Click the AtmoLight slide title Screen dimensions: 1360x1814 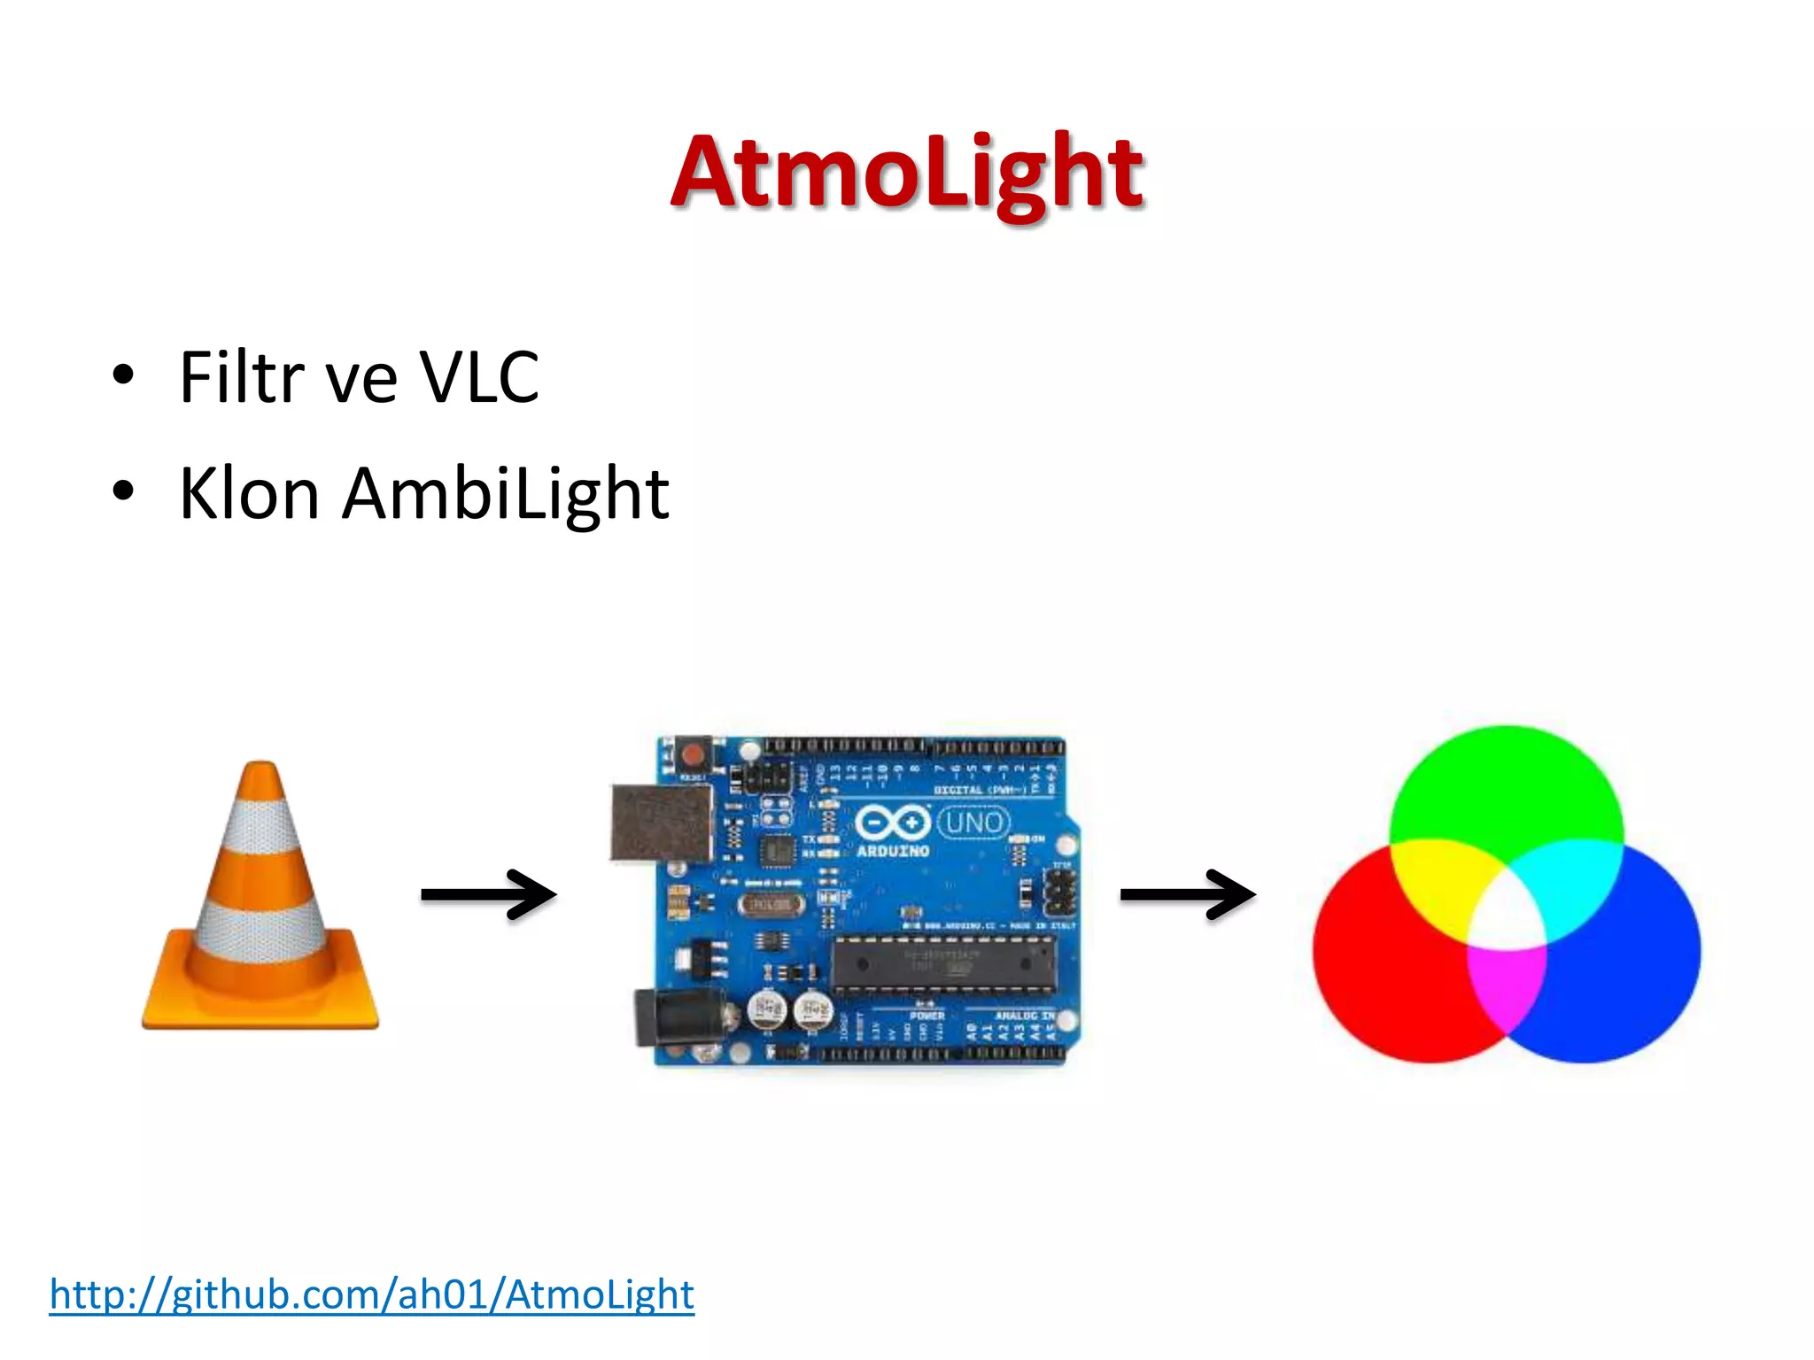pyautogui.click(x=907, y=173)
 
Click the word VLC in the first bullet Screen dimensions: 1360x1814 pyautogui.click(x=478, y=378)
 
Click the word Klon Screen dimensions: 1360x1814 pyautogui.click(x=249, y=494)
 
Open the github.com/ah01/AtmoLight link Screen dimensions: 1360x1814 pyautogui.click(x=372, y=1294)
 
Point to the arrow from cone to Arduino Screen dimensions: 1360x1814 pyautogui.click(x=488, y=895)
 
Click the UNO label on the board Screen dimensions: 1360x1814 pyautogui.click(x=973, y=823)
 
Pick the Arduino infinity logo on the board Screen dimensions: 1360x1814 pyautogui.click(x=893, y=823)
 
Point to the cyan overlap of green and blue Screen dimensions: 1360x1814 pyautogui.click(x=1577, y=881)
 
